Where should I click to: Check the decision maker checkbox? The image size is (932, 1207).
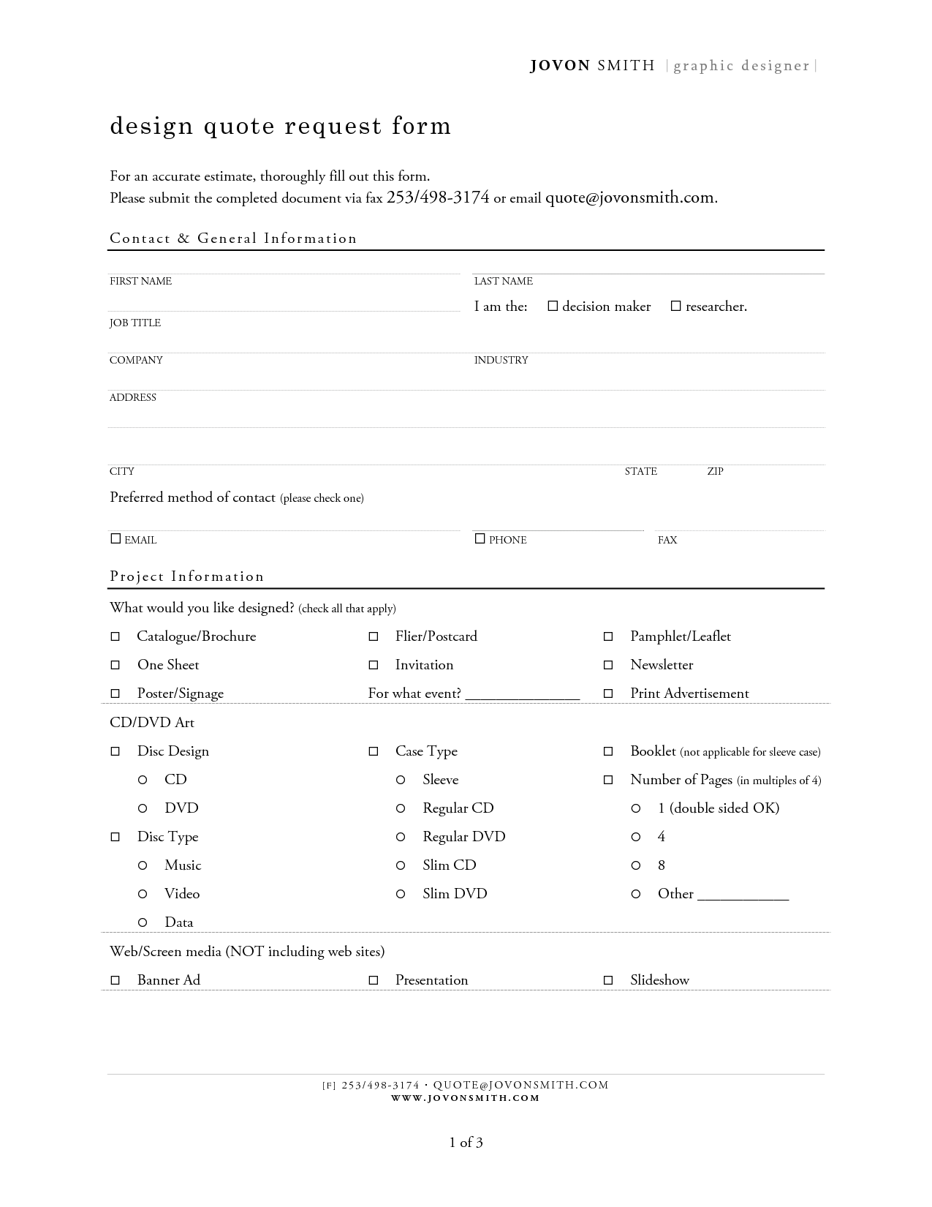click(553, 307)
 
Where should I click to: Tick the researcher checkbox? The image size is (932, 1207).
click(676, 307)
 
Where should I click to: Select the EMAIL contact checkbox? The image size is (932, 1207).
click(115, 539)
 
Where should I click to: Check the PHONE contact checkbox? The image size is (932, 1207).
click(480, 539)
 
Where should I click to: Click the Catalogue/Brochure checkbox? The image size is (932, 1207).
click(115, 637)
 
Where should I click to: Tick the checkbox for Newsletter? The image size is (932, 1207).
click(608, 666)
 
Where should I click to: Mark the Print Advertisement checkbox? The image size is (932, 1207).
click(608, 694)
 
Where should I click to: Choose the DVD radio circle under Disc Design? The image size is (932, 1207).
click(143, 808)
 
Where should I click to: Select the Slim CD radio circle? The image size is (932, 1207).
click(401, 865)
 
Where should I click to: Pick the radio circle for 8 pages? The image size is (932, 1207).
click(636, 865)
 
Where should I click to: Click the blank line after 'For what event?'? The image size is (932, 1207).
click(522, 695)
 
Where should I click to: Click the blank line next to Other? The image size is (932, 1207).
click(743, 895)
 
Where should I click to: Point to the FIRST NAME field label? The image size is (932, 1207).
click(140, 282)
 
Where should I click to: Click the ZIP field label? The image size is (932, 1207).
click(715, 472)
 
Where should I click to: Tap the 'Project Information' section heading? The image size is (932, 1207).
click(187, 576)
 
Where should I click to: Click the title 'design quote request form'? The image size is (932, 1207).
click(281, 126)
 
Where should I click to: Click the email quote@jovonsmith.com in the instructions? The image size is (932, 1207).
click(629, 198)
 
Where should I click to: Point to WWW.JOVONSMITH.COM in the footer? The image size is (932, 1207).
click(466, 1098)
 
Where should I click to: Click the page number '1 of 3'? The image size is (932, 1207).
click(466, 1143)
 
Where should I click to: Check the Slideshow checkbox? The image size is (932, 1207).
click(608, 981)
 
